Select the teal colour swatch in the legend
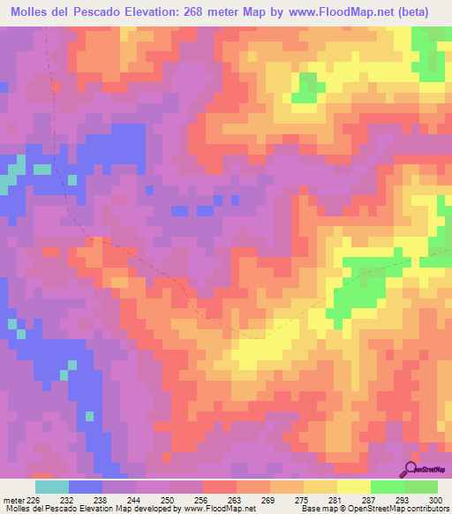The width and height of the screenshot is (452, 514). click(x=51, y=486)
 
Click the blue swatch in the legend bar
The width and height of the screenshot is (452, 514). click(x=85, y=486)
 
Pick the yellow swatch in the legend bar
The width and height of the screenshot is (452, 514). click(x=353, y=486)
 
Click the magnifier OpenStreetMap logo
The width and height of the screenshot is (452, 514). click(x=412, y=468)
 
